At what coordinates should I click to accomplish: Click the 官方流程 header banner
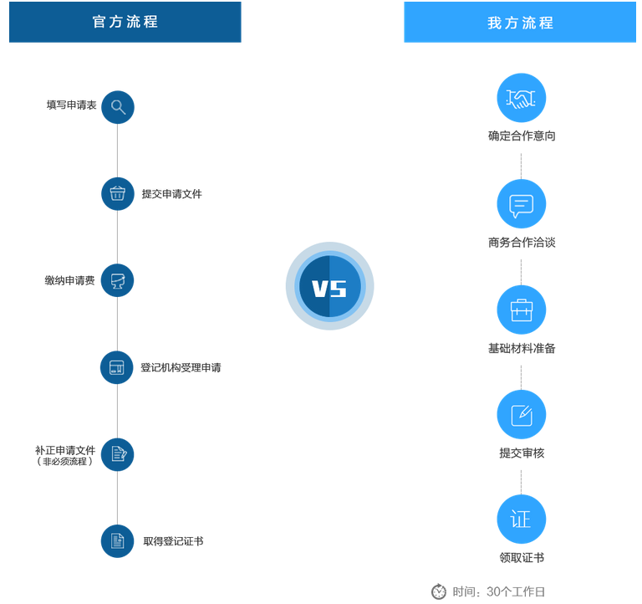[x=125, y=22]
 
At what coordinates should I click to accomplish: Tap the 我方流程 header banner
[x=520, y=22]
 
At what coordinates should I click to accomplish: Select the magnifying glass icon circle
[x=118, y=107]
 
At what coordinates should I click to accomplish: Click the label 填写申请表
[x=71, y=105]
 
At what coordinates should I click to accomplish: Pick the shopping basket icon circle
[x=118, y=194]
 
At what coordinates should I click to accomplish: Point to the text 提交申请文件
[x=172, y=194]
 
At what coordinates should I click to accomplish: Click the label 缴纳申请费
[x=69, y=281]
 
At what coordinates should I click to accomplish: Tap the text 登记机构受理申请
[x=181, y=367]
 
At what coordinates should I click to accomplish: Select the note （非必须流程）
[x=65, y=462]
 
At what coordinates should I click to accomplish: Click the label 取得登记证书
[x=173, y=541]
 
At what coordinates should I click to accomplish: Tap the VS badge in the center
[x=330, y=286]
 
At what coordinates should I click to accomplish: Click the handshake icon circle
[x=522, y=98]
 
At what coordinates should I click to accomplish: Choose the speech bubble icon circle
[x=522, y=203]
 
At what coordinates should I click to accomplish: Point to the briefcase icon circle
[x=522, y=310]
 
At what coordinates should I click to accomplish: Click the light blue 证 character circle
[x=522, y=520]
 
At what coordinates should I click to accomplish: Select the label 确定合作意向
[x=522, y=136]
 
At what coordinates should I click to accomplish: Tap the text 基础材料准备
[x=522, y=348]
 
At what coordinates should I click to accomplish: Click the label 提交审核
[x=522, y=453]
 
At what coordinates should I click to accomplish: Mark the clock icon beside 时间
[x=439, y=591]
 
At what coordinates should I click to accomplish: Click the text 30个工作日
[x=516, y=591]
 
